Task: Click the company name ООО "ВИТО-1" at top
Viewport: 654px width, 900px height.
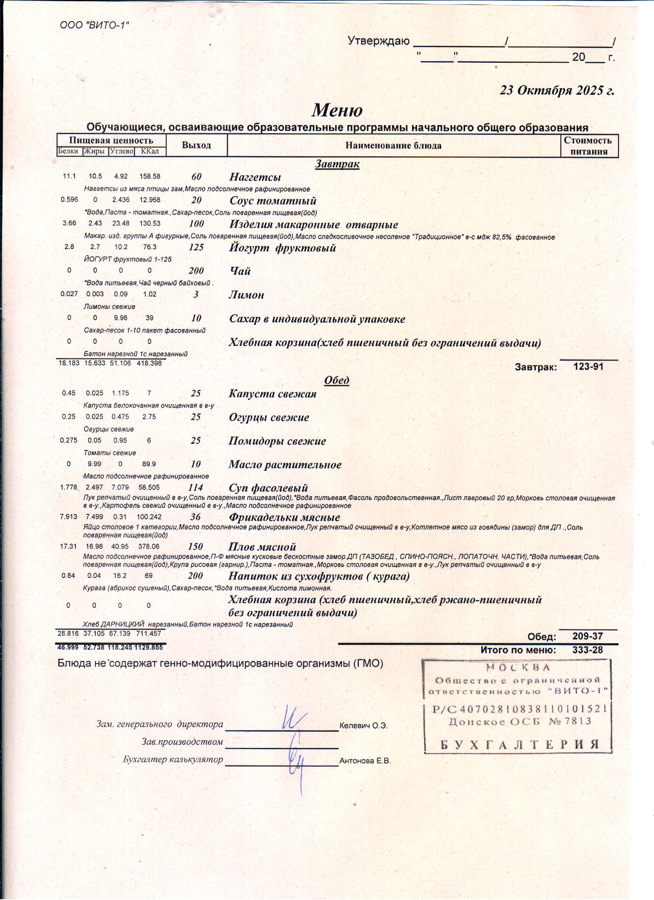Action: (94, 25)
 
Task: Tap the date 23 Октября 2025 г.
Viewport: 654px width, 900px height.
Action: (556, 90)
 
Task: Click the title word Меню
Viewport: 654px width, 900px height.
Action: (337, 110)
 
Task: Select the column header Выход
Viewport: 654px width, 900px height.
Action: (196, 145)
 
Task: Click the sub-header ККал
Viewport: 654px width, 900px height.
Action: (150, 151)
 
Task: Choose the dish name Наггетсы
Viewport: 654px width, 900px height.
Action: (255, 177)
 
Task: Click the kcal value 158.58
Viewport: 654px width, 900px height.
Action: (150, 176)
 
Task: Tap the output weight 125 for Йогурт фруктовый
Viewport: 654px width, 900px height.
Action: (196, 247)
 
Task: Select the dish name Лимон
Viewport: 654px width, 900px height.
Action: (246, 295)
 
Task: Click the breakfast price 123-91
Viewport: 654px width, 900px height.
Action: (588, 367)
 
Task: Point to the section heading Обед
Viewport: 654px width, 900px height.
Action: (336, 380)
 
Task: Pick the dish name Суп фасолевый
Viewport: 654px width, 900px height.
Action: (268, 488)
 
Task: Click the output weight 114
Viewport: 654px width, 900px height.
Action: (195, 488)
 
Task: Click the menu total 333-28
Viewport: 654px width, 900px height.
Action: (587, 650)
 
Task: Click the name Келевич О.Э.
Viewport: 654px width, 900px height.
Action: (363, 726)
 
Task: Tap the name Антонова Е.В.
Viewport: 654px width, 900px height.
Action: (365, 761)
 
